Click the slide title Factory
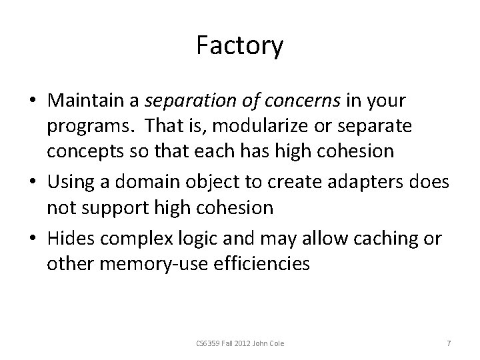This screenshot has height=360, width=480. click(x=240, y=46)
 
